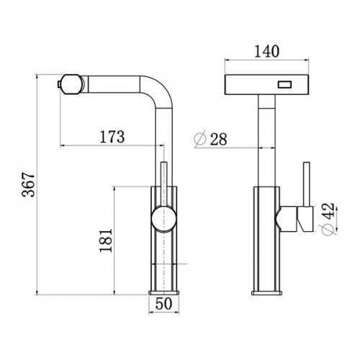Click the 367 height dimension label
[x=28, y=184]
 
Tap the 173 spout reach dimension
[x=112, y=137]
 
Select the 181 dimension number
[x=106, y=240]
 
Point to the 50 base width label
[x=164, y=303]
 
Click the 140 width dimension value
[x=266, y=51]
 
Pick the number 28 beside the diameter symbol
[x=218, y=139]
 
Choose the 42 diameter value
[x=328, y=211]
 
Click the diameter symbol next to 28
[x=200, y=139]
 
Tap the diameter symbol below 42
[x=328, y=230]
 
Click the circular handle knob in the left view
[x=164, y=219]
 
